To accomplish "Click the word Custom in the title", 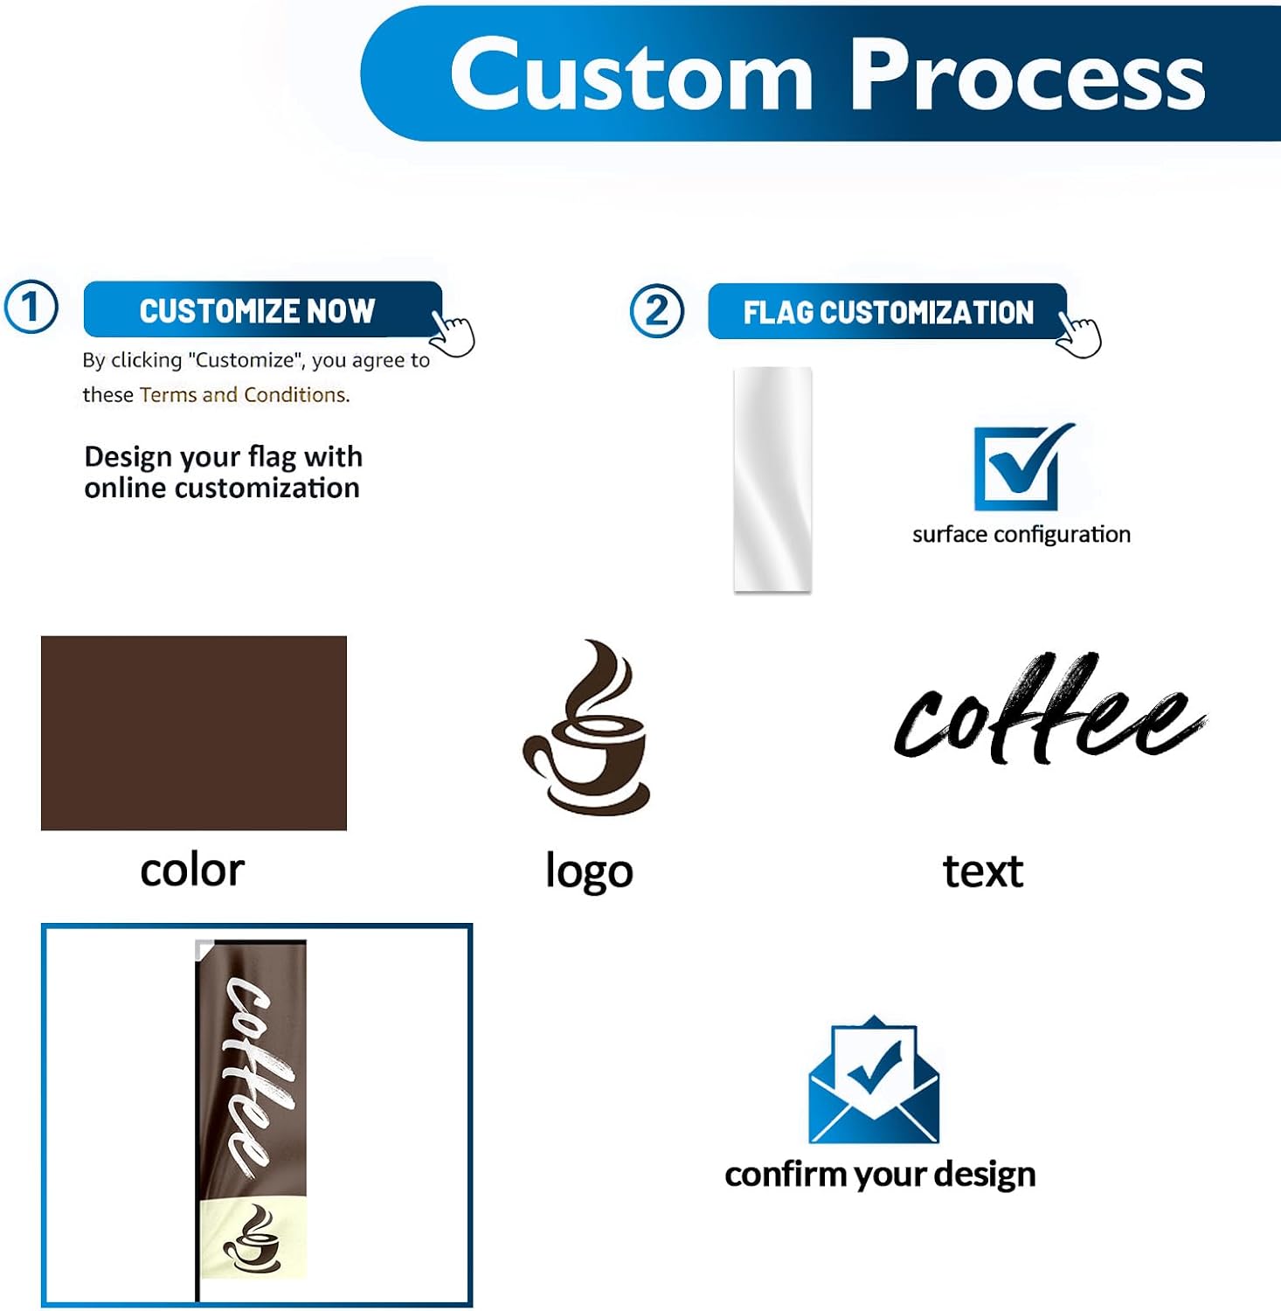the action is click(x=631, y=75).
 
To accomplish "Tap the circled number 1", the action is click(x=31, y=308).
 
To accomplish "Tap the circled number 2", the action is click(x=657, y=311).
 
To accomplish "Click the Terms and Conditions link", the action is click(x=245, y=395).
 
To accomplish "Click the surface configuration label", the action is click(x=1021, y=534).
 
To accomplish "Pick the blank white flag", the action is click(x=772, y=479).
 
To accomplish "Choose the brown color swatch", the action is click(x=194, y=733).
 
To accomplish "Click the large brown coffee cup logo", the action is click(x=586, y=727).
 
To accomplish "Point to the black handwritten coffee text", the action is click(x=1049, y=708).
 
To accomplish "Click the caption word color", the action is click(x=192, y=871).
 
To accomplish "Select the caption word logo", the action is click(x=589, y=871).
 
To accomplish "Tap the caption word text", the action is click(x=983, y=871).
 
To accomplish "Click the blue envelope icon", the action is click(x=874, y=1080).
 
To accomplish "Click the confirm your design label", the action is click(x=880, y=1175).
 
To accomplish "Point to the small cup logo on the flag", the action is click(x=252, y=1238).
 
